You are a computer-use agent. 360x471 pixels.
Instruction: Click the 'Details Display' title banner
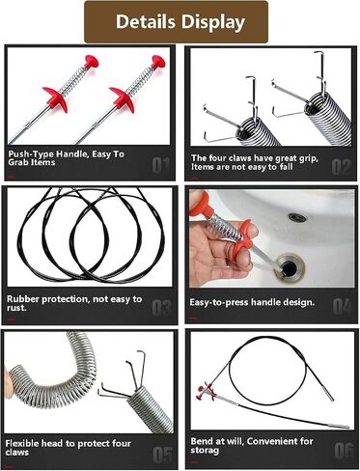pos(176,22)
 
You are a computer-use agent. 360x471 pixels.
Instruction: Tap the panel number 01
pos(160,166)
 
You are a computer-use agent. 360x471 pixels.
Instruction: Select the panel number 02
pos(341,167)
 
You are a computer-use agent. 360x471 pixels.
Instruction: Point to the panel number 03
pos(161,308)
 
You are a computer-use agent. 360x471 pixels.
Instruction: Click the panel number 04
pos(342,307)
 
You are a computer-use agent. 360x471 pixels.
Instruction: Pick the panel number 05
pos(162,455)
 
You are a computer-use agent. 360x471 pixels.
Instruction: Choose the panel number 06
pos(344,451)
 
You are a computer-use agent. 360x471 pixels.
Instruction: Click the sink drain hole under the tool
pos(289,266)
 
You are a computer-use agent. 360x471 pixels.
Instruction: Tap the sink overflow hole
pos(297,217)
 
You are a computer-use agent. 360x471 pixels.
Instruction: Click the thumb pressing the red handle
pos(249,229)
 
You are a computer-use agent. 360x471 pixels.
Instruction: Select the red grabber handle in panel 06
pos(206,392)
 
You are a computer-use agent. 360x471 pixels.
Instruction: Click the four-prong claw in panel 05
pos(122,378)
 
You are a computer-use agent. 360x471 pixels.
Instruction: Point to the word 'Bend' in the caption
pos(201,441)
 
